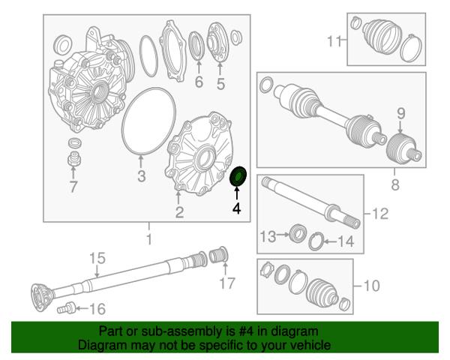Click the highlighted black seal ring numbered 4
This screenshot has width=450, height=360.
238,176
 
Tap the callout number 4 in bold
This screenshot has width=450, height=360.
237,208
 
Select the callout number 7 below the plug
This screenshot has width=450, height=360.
73,187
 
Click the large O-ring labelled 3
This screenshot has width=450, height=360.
148,121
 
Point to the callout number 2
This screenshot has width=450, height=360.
179,212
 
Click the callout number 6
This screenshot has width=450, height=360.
199,82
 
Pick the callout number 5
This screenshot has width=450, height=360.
220,84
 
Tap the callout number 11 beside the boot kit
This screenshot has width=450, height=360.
334,40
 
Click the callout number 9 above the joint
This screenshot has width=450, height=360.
401,114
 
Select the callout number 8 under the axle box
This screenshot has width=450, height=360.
395,184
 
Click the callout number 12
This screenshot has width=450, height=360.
380,214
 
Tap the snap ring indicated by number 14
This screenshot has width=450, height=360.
316,241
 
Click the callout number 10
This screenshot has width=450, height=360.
372,286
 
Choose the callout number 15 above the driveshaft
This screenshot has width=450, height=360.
97,258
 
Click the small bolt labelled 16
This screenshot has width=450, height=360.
67,308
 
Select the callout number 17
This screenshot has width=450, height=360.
227,283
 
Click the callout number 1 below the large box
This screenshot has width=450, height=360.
149,239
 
